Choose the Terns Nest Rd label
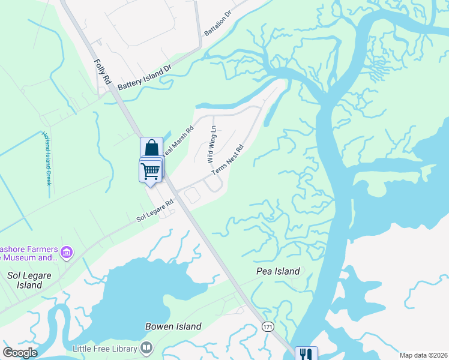pos(228,159)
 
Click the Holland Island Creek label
pos(46,158)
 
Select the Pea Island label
pos(278,271)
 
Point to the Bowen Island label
pos(173,326)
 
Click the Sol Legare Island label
pos(25,280)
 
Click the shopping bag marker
pos(151,148)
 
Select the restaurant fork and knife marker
pos(306,354)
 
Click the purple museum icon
pos(67,252)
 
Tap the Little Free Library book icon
pos(146,348)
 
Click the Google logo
pos(20,353)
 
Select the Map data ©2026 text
pos(423,355)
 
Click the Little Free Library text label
pos(105,348)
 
